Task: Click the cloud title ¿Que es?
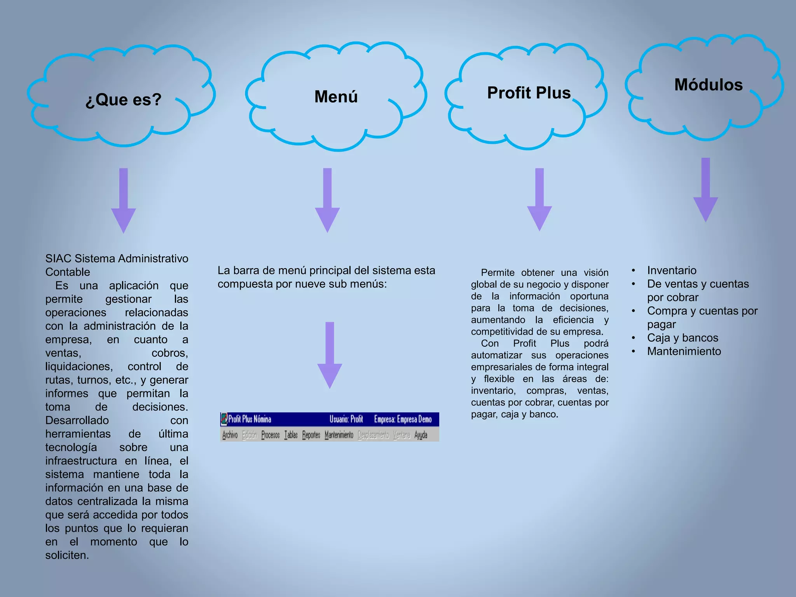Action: pyautogui.click(x=123, y=100)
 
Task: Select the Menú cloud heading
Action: pyautogui.click(x=336, y=96)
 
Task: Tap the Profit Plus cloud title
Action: pyautogui.click(x=529, y=93)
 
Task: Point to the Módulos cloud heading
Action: pyautogui.click(x=708, y=85)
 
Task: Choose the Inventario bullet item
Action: pyautogui.click(x=672, y=271)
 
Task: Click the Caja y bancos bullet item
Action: pyautogui.click(x=683, y=338)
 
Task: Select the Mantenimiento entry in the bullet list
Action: pyautogui.click(x=684, y=351)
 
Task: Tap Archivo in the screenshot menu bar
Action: pyautogui.click(x=230, y=435)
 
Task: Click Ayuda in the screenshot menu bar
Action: pyautogui.click(x=421, y=435)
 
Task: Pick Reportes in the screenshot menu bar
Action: pyautogui.click(x=311, y=435)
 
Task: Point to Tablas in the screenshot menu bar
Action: pyautogui.click(x=291, y=435)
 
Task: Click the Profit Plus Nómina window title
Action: pyautogui.click(x=250, y=419)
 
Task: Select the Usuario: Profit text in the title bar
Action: pyautogui.click(x=346, y=419)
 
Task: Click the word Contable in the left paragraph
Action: pyautogui.click(x=68, y=272)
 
